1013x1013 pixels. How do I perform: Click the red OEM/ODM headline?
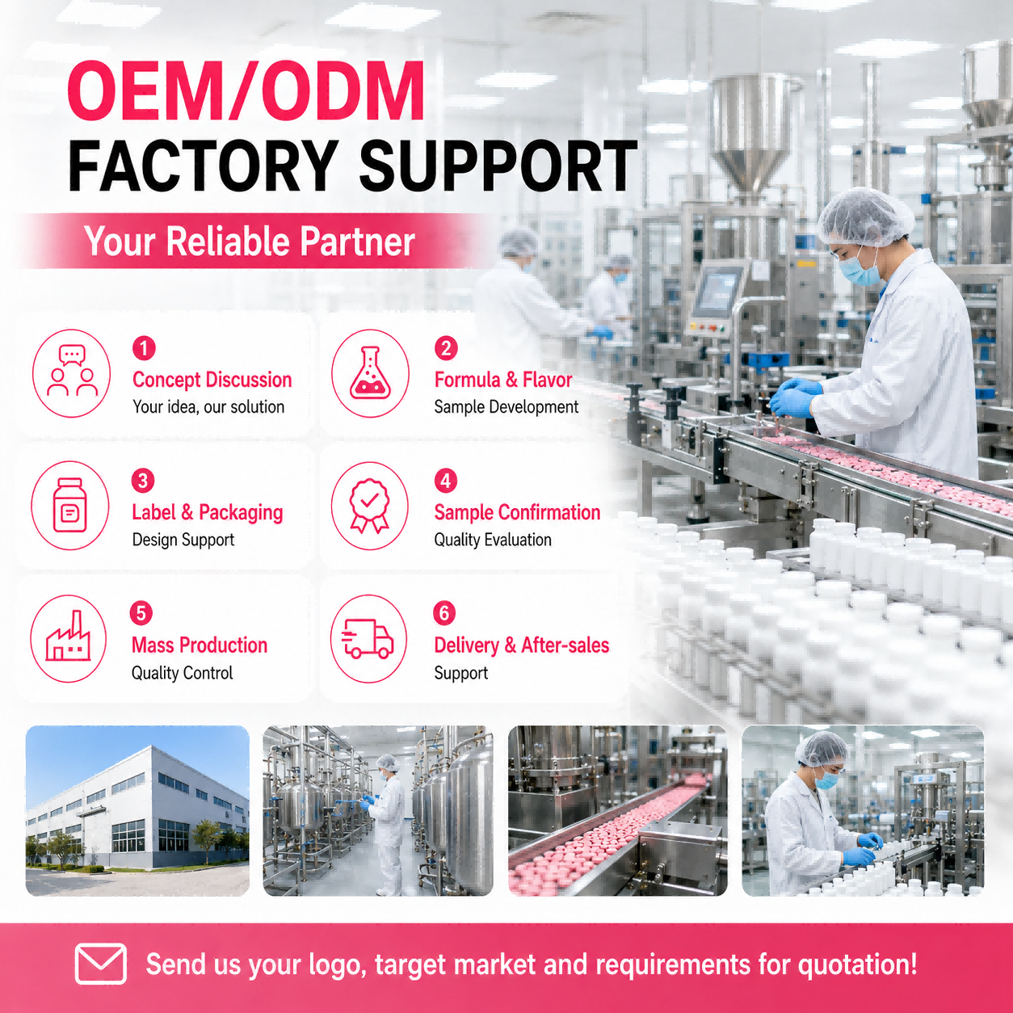click(246, 92)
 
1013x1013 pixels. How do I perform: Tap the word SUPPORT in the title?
click(498, 166)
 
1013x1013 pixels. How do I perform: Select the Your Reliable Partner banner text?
click(250, 242)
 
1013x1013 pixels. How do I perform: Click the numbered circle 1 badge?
click(144, 347)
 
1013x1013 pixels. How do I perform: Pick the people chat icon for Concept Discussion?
click(72, 373)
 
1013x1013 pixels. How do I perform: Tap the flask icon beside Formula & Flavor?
click(370, 373)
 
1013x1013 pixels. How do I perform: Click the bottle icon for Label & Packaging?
click(70, 506)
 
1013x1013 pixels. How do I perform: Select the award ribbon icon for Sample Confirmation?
click(369, 506)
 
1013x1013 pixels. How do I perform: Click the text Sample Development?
click(506, 407)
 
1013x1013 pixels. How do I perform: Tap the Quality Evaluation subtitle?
click(493, 540)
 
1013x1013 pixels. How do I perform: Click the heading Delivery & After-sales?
click(522, 645)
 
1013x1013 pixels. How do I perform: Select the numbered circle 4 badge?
click(445, 480)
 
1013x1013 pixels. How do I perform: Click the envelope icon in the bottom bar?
click(100, 964)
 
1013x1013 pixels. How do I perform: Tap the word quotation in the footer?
click(858, 965)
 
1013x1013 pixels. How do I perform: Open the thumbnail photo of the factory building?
click(137, 810)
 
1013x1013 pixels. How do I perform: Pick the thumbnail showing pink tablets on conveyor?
click(618, 810)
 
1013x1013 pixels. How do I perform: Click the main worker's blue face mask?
click(859, 269)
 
